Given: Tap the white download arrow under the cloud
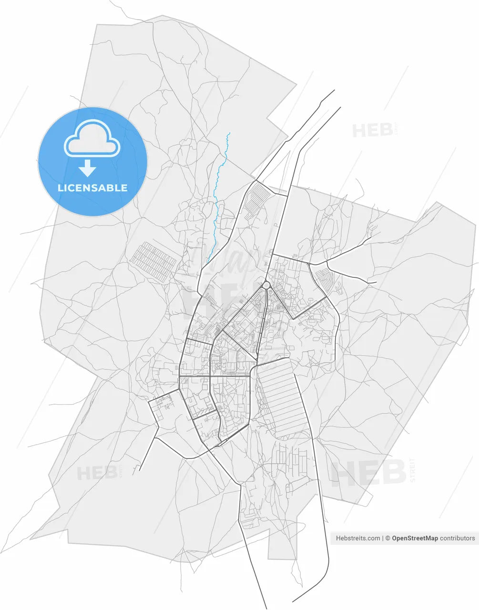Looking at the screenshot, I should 87,168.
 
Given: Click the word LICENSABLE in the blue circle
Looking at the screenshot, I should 92,188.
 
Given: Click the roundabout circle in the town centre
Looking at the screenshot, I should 266,285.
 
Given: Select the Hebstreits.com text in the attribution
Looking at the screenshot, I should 358,538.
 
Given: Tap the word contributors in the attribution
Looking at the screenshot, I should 458,538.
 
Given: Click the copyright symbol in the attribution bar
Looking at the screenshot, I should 388,538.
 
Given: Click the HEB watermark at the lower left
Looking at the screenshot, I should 97,473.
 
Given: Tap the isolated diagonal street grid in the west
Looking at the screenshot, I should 154,261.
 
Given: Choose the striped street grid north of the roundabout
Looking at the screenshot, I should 257,199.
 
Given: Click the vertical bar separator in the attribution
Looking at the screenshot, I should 383,538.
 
